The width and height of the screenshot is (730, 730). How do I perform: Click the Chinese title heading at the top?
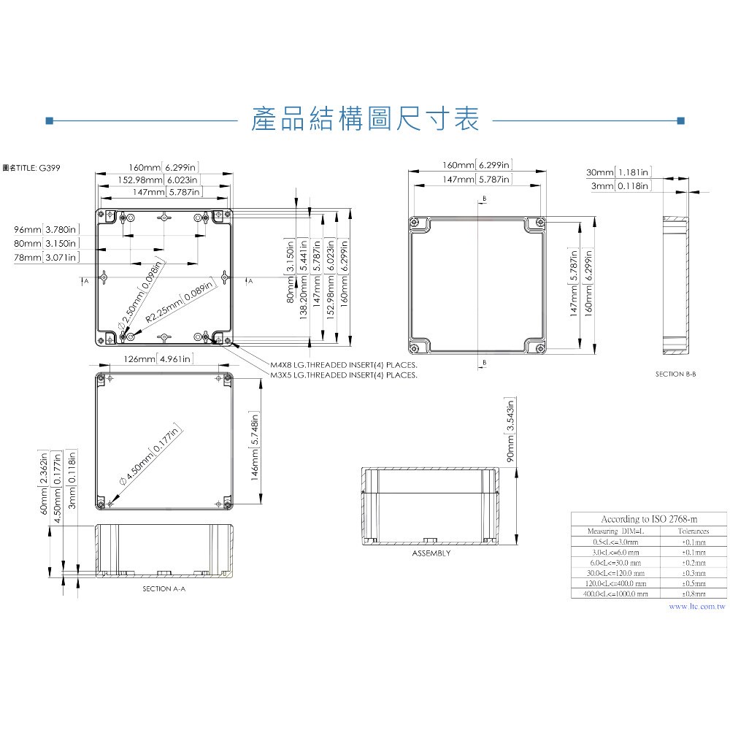[x=364, y=120]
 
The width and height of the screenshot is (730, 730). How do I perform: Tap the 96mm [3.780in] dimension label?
[x=45, y=230]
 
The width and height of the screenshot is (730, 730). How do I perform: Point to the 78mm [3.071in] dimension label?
[x=45, y=258]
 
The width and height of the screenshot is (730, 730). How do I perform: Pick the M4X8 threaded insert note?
[x=343, y=364]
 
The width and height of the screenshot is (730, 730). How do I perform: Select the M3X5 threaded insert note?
[x=343, y=375]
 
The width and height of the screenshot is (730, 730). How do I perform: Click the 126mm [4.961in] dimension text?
[x=157, y=358]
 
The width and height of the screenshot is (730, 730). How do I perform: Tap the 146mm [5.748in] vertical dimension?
[x=255, y=449]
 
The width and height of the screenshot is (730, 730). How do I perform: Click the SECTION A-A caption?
[x=164, y=588]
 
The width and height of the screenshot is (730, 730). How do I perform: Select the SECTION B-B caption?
[x=675, y=374]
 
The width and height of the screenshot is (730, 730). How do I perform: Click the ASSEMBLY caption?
[x=431, y=553]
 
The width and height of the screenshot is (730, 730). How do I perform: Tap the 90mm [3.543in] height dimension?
[x=511, y=430]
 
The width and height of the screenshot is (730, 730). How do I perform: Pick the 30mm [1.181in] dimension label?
[x=618, y=172]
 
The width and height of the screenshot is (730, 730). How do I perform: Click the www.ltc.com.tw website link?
[x=696, y=606]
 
